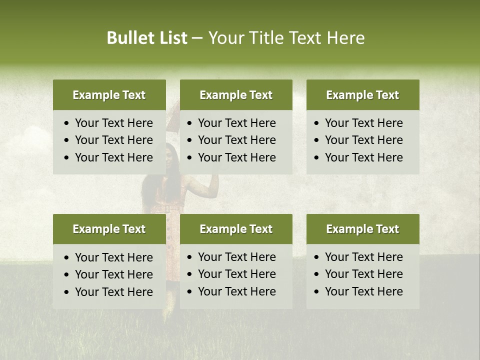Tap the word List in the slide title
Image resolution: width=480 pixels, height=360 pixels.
(x=173, y=38)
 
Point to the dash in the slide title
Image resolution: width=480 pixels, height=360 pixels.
(x=197, y=38)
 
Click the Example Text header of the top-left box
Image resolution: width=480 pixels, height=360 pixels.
(x=109, y=95)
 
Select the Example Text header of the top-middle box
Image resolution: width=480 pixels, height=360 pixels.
(x=236, y=95)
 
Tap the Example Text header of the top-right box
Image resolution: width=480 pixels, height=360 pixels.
(x=362, y=95)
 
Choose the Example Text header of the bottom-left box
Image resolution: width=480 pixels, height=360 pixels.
(x=109, y=229)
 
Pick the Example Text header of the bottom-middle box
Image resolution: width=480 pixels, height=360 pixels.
(x=236, y=229)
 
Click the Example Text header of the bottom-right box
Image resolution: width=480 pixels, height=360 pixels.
(x=362, y=229)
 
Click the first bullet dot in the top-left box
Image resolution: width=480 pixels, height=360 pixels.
(x=67, y=123)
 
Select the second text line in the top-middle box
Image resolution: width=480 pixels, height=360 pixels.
(x=236, y=140)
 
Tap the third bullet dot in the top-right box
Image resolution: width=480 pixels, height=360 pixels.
(x=317, y=158)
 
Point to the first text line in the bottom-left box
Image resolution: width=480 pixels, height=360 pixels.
(x=113, y=257)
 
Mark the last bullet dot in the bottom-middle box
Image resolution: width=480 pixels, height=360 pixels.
(x=190, y=292)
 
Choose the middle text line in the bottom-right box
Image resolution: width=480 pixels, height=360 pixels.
(x=363, y=274)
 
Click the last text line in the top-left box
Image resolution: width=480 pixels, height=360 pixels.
(x=113, y=157)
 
